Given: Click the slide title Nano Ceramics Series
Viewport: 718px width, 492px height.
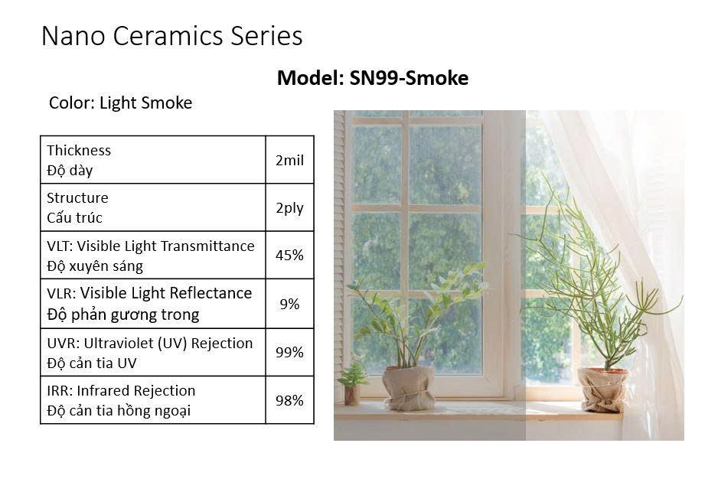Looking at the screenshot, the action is (171, 36).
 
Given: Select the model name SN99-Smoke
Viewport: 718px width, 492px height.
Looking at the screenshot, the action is (409, 78).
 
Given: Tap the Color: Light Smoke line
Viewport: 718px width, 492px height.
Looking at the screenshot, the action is (120, 103).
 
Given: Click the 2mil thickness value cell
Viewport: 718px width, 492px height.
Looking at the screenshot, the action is (289, 160).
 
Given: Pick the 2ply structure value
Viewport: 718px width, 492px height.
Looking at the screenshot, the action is (289, 208).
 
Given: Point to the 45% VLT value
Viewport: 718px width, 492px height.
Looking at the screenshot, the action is (289, 256).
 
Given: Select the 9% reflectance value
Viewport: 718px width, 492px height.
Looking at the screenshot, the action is (289, 304).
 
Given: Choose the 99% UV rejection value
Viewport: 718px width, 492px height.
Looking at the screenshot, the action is (289, 353).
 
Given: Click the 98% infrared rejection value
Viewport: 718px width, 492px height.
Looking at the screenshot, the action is (289, 400).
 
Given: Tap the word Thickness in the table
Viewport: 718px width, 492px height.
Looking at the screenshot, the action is (79, 151).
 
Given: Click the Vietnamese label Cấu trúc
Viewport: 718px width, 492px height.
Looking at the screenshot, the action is (74, 218).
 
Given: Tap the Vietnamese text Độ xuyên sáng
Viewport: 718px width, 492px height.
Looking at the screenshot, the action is (95, 266).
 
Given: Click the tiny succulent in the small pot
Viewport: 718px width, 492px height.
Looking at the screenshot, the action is (352, 375).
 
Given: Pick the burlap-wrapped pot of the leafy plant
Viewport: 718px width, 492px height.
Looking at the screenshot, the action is (409, 387).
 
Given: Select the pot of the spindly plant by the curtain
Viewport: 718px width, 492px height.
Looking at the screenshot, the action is (602, 389).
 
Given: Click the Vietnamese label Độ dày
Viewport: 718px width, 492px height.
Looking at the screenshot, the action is (70, 171).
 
